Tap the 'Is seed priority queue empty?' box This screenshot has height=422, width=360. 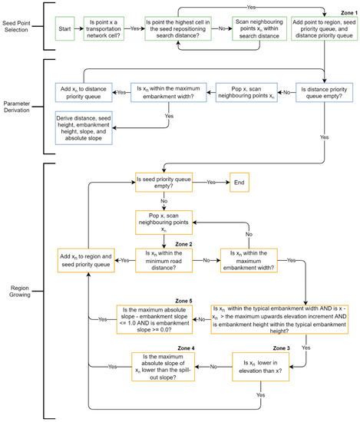pos(163,183)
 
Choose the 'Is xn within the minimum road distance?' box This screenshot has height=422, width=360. pos(163,255)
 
